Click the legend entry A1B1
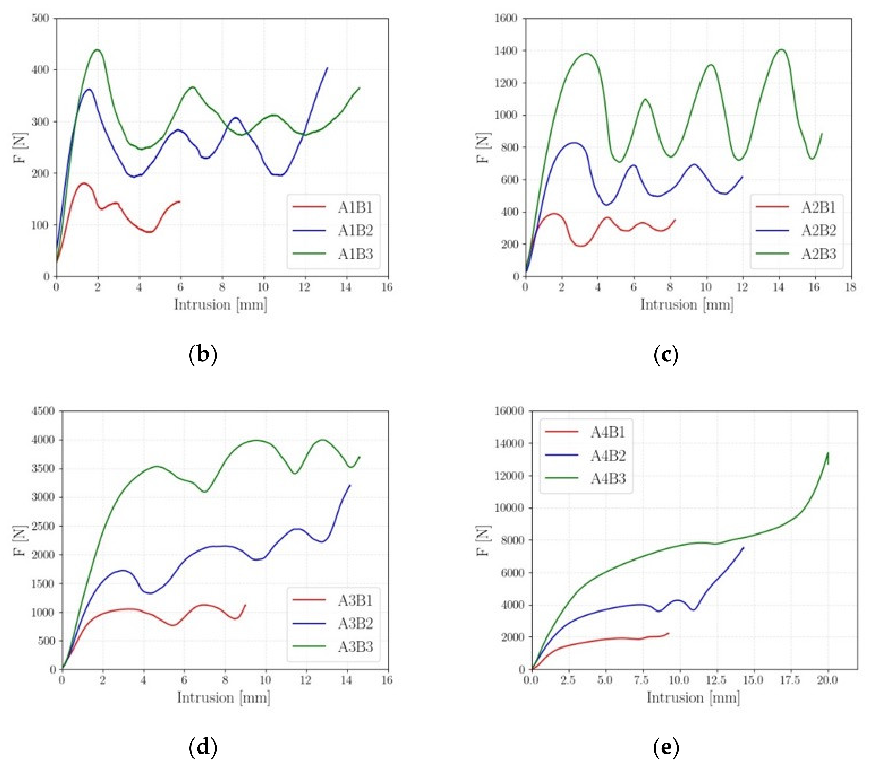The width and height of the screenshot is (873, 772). point(355,207)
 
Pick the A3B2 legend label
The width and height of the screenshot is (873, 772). point(355,623)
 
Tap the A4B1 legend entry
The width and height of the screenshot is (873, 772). point(608,432)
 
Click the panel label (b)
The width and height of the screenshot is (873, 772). point(203,354)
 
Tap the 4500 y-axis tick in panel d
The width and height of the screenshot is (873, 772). point(44,411)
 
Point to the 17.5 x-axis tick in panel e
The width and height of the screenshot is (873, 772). point(790,680)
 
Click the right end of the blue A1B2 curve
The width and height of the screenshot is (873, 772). point(328,67)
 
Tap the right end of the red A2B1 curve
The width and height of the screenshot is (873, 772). point(675,220)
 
